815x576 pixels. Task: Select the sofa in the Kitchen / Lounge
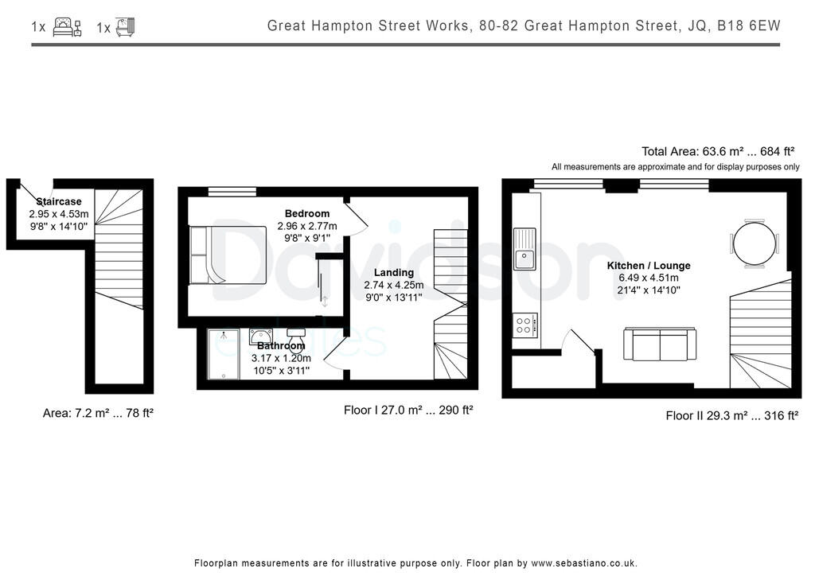click(x=660, y=344)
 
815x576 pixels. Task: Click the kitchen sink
click(x=525, y=247)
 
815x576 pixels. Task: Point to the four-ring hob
click(x=526, y=325)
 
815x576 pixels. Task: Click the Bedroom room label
click(x=307, y=213)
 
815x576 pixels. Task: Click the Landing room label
click(x=393, y=272)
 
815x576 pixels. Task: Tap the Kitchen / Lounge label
click(x=649, y=265)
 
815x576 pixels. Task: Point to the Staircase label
click(x=59, y=202)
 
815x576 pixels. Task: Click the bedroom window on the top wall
click(x=232, y=190)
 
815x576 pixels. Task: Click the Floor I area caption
click(x=408, y=411)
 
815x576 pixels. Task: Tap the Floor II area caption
click(x=731, y=415)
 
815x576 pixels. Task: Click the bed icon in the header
click(x=66, y=27)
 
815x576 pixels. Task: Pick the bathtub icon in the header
click(x=125, y=27)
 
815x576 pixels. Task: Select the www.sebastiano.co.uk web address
click(x=584, y=562)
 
